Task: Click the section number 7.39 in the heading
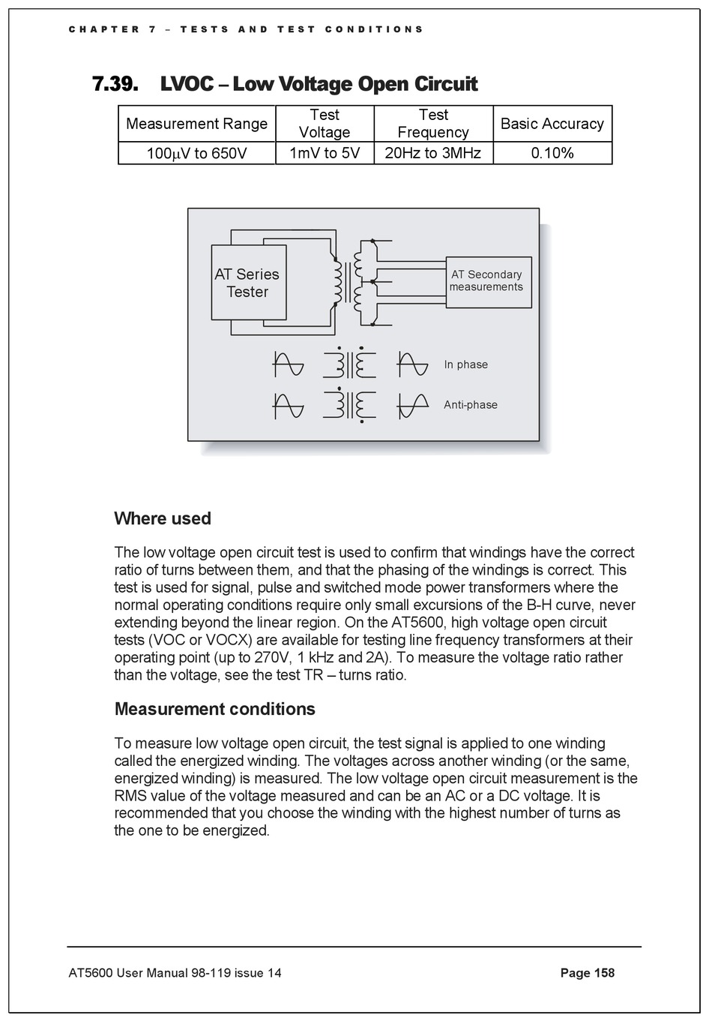115,83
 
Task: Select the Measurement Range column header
196,124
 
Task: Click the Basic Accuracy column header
552,124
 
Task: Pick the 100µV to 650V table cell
196,153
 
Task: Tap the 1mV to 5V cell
325,153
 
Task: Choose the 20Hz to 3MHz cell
432,153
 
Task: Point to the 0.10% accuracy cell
552,153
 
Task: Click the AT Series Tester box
248,283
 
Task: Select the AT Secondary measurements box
488,281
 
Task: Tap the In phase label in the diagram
465,365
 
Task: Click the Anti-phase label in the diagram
470,405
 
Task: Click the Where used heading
163,518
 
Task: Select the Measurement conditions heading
214,709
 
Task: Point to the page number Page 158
587,973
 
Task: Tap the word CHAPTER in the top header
104,29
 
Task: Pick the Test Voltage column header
325,124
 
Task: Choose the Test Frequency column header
432,124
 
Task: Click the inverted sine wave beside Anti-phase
412,405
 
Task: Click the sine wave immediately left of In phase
412,365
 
